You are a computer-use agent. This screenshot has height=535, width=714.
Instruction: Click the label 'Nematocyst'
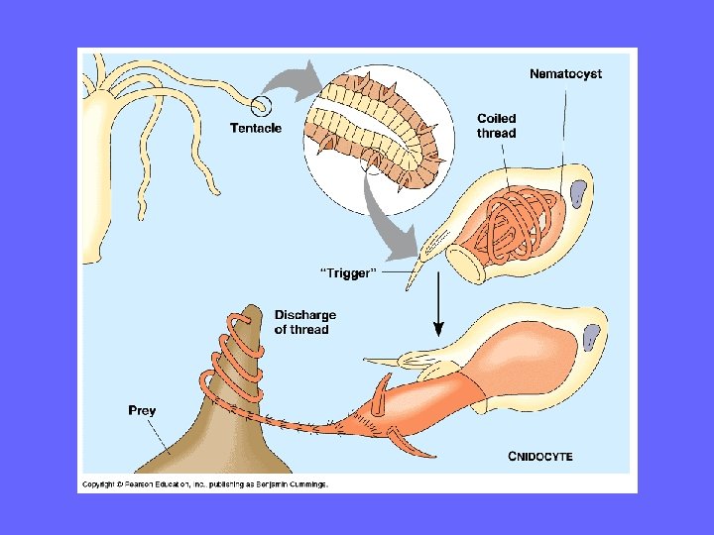point(565,73)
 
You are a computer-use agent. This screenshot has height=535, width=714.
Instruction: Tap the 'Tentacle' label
point(255,128)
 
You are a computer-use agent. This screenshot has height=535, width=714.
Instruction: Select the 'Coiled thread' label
point(496,126)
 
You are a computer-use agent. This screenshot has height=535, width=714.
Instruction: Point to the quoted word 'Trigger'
point(347,272)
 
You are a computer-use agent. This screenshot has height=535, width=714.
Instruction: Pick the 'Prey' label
point(141,409)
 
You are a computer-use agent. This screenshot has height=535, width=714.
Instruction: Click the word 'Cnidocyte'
point(540,457)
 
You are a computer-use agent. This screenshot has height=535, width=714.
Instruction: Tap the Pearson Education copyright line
point(204,484)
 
